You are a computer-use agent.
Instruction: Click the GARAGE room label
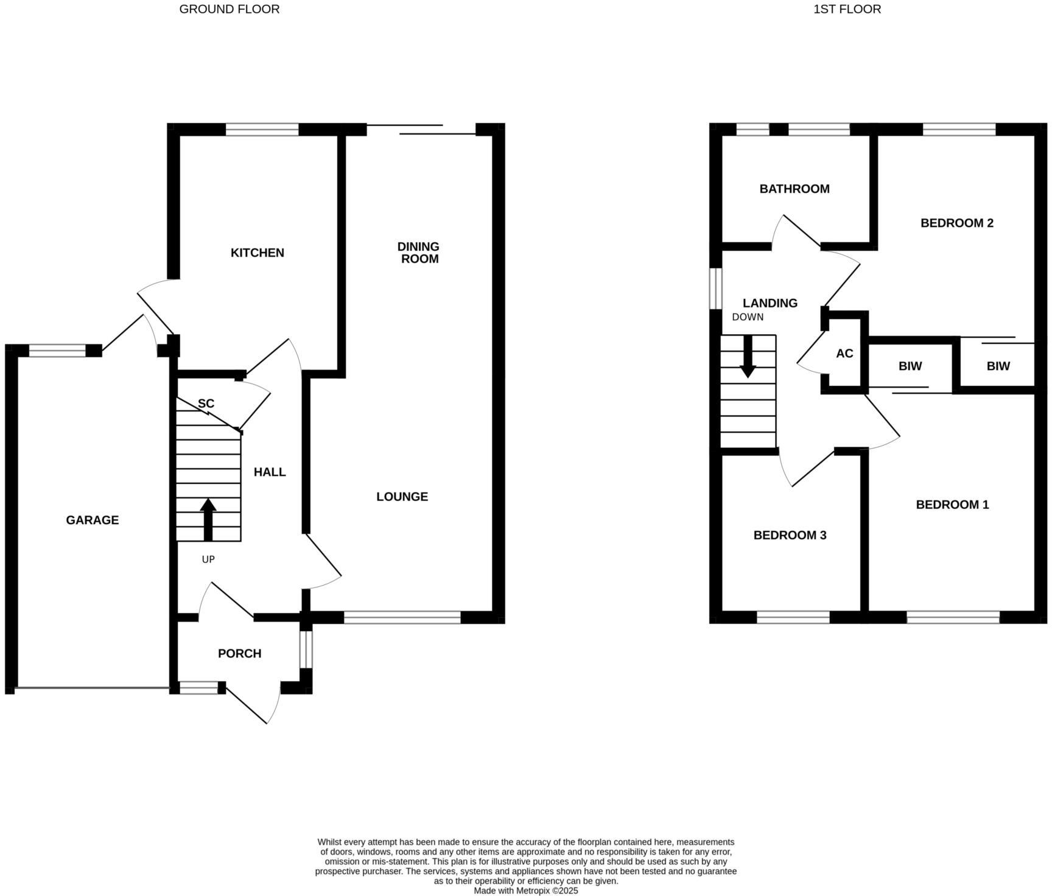click(x=93, y=520)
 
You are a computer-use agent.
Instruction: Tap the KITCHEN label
click(x=257, y=253)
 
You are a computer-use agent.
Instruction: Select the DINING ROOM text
click(x=418, y=253)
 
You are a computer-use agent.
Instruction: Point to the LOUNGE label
click(x=402, y=497)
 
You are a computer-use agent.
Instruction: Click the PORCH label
click(x=239, y=653)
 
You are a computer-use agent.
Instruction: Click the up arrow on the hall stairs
click(x=208, y=519)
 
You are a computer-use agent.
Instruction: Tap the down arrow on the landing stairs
click(x=748, y=355)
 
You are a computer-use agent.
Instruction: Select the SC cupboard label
click(x=206, y=404)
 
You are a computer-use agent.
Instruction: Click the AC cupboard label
click(x=844, y=354)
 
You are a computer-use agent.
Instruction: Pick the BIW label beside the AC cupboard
click(x=910, y=366)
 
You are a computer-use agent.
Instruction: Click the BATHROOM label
click(x=794, y=189)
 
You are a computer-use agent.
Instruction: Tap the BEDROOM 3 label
click(x=790, y=535)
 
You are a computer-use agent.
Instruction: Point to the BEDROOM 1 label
click(x=952, y=505)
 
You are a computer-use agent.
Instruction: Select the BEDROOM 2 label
click(x=956, y=223)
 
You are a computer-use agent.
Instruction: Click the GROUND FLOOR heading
click(x=229, y=9)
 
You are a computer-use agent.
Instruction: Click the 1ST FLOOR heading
click(x=847, y=9)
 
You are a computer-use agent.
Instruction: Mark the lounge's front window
click(x=402, y=617)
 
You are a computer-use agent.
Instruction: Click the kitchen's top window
click(x=262, y=129)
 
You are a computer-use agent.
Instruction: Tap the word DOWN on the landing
click(x=748, y=317)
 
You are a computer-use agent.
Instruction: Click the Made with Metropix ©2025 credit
click(x=526, y=891)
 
